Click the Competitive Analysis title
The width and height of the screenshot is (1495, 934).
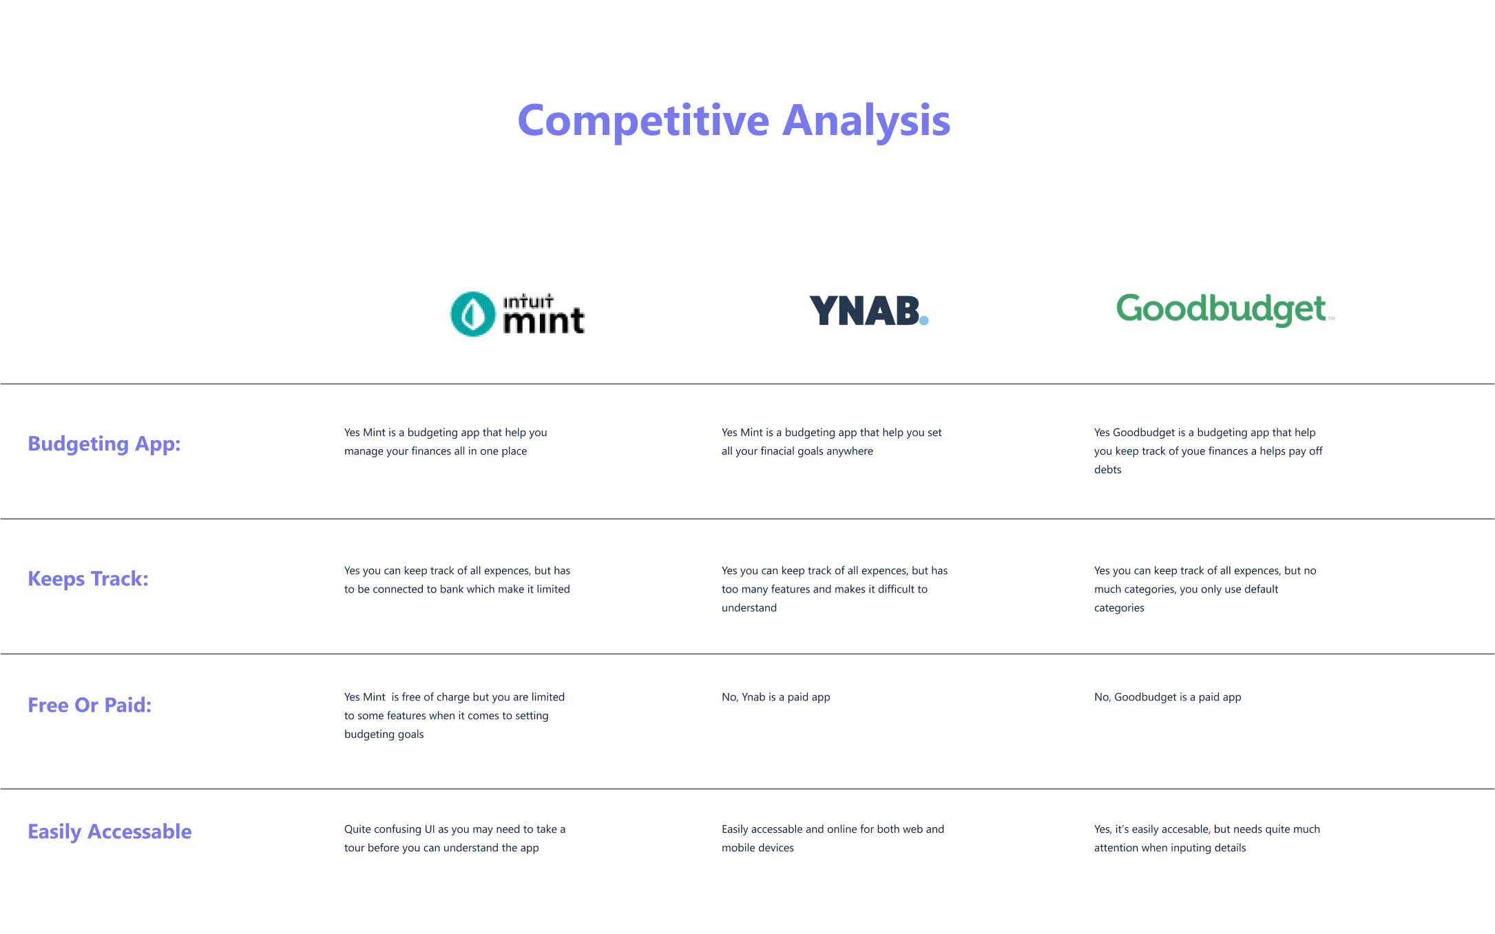pyautogui.click(x=734, y=121)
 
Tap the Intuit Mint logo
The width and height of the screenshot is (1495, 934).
pyautogui.click(x=517, y=314)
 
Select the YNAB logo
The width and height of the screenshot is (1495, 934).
pyautogui.click(x=869, y=311)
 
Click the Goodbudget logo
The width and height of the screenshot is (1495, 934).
pyautogui.click(x=1225, y=309)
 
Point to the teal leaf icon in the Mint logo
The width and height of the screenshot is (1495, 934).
pyautogui.click(x=472, y=314)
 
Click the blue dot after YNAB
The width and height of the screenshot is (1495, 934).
pyautogui.click(x=924, y=320)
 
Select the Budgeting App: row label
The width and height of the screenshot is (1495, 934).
pyautogui.click(x=104, y=444)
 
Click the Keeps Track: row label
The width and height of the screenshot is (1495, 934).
pyautogui.click(x=88, y=579)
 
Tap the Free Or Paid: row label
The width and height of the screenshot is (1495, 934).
pyautogui.click(x=90, y=705)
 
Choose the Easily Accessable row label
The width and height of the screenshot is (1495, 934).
pyautogui.click(x=109, y=832)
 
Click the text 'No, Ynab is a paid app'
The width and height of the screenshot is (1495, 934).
pyautogui.click(x=776, y=697)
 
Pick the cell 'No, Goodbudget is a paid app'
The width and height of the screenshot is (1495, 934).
pyautogui.click(x=1168, y=697)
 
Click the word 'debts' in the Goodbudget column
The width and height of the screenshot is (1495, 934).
pyautogui.click(x=1108, y=470)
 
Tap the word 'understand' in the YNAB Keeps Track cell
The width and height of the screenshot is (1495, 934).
pyautogui.click(x=749, y=608)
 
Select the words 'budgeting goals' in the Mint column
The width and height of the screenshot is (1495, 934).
pyautogui.click(x=384, y=734)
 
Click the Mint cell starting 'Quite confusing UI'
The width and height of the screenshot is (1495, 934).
pyautogui.click(x=455, y=838)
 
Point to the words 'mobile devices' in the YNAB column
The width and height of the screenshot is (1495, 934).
pyautogui.click(x=757, y=848)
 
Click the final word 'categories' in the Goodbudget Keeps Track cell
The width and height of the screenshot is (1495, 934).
pyautogui.click(x=1119, y=608)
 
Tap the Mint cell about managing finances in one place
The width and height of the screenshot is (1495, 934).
pyautogui.click(x=446, y=442)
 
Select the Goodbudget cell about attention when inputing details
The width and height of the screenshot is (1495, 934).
pyautogui.click(x=1207, y=838)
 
